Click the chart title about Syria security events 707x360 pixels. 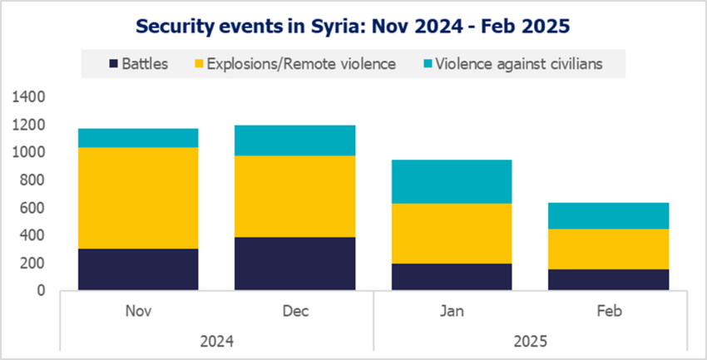coord(353,26)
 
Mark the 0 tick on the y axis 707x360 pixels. coord(41,291)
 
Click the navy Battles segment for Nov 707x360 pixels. coord(138,269)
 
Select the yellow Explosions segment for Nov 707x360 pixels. coord(138,198)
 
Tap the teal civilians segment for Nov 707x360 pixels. coord(138,138)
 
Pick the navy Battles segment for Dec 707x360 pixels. coord(295,264)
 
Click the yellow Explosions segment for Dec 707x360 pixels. coord(295,196)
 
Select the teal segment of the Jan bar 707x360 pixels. coord(452,181)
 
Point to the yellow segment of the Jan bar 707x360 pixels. coord(452,233)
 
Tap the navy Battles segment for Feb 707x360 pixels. coord(609,280)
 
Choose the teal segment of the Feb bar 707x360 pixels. coord(609,215)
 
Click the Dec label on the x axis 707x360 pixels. coord(295,312)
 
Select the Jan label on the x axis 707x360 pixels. coord(452,312)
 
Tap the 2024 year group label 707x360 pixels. coord(216,340)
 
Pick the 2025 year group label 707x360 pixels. coord(531,340)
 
